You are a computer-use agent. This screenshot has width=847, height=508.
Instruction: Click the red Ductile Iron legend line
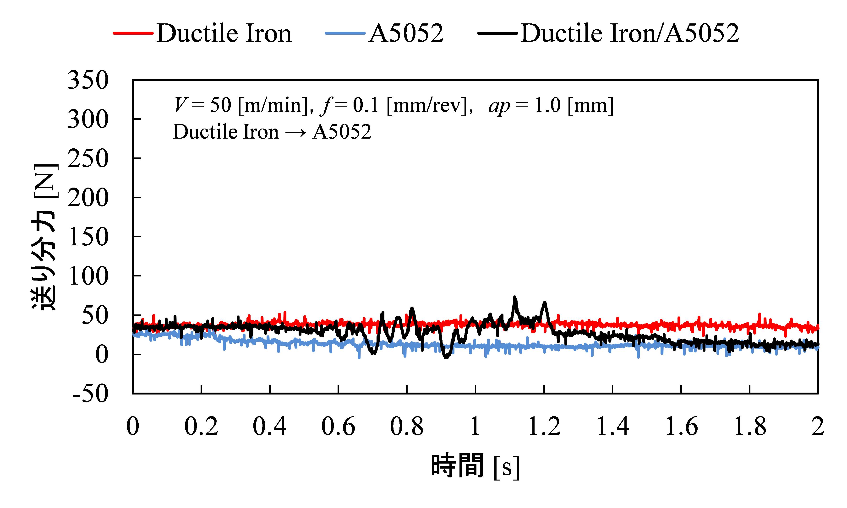[x=133, y=33]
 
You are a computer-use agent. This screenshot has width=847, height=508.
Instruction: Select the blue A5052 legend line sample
[x=345, y=33]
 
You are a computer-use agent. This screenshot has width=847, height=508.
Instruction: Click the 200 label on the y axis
[x=88, y=198]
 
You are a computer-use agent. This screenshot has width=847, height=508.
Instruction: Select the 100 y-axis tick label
[x=88, y=276]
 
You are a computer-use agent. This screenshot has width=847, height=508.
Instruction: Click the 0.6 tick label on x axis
[x=338, y=427]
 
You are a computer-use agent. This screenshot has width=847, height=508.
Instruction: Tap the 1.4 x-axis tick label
[x=613, y=427]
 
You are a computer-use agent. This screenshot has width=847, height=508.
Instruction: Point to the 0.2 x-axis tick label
[x=201, y=427]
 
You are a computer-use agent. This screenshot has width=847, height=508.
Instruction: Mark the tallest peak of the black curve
[x=514, y=297]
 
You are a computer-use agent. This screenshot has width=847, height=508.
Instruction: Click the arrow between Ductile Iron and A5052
[x=295, y=132]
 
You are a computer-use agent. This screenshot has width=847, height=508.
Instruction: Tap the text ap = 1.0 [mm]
[x=551, y=105]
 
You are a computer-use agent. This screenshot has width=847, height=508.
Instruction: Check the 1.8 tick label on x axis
[x=750, y=427]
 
